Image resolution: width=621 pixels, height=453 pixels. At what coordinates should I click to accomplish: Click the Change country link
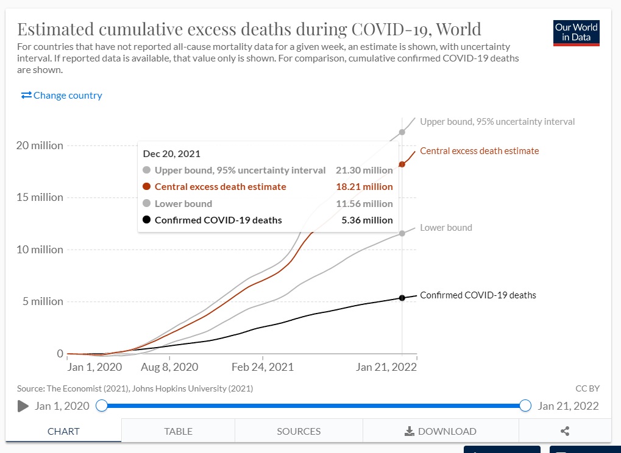click(x=62, y=96)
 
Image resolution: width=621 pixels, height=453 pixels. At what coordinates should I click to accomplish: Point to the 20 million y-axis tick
click(x=39, y=146)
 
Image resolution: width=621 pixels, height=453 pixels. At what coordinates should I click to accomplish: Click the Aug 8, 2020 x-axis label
click(x=169, y=367)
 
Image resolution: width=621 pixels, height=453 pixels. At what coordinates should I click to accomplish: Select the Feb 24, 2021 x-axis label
click(x=263, y=367)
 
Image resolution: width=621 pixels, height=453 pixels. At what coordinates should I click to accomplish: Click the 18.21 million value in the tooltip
click(x=364, y=187)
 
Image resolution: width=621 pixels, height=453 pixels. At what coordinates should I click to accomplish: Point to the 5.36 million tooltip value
click(x=367, y=220)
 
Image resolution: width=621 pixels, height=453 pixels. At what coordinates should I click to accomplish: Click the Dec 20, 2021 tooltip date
click(x=172, y=154)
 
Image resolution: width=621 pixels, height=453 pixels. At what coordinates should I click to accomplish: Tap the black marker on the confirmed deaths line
click(x=402, y=298)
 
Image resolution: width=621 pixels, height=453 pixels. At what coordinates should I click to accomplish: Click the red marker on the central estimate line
click(x=402, y=164)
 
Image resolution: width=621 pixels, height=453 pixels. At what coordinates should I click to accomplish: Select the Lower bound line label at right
click(x=445, y=228)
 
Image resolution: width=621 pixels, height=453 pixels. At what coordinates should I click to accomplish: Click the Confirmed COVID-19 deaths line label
click(x=478, y=295)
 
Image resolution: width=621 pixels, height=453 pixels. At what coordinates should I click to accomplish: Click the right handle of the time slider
click(x=525, y=406)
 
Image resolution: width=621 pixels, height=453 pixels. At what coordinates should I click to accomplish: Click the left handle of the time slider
click(x=102, y=406)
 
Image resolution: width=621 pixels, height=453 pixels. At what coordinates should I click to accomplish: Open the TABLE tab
click(x=178, y=431)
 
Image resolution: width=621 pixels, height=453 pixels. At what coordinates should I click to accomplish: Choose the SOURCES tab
click(x=299, y=431)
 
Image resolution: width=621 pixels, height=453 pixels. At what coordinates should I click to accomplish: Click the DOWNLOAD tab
click(x=441, y=431)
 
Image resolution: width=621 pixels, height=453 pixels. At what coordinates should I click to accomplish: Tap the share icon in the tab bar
click(x=565, y=431)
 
